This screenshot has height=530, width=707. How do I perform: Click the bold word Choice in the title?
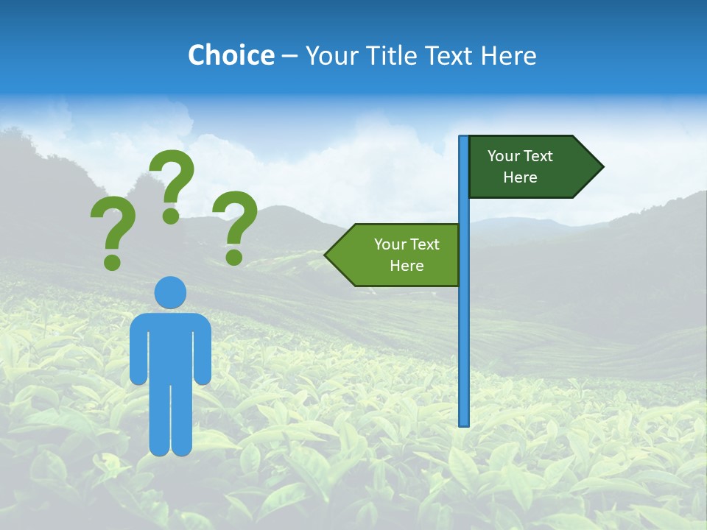click(231, 55)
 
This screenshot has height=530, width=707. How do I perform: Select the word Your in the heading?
click(332, 55)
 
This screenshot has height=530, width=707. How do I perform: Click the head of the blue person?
click(170, 293)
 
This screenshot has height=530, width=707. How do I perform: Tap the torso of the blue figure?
click(170, 346)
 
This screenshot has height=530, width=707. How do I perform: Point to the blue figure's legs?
click(170, 420)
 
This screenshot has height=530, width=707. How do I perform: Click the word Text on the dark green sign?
click(538, 156)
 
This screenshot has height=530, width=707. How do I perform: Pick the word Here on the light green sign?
click(407, 266)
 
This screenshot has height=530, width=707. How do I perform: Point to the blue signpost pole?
click(464, 331)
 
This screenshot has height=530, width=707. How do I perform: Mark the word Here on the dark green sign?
click(520, 177)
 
